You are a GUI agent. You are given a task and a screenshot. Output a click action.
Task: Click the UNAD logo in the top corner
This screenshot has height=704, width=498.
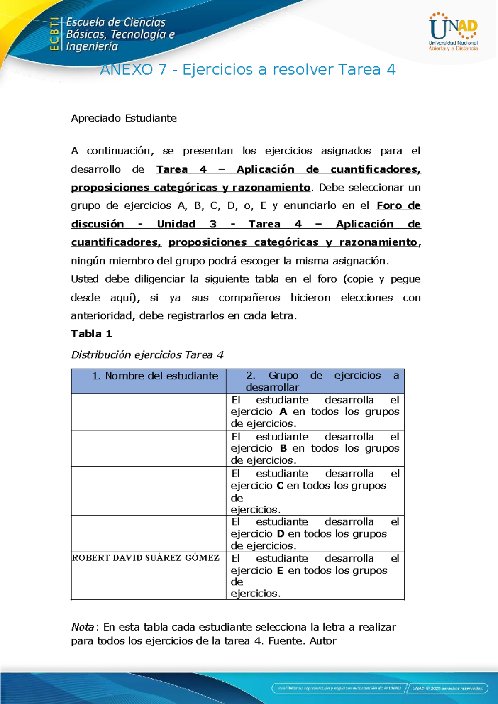[453, 32]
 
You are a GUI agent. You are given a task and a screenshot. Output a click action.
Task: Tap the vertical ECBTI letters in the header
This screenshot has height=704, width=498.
[54, 34]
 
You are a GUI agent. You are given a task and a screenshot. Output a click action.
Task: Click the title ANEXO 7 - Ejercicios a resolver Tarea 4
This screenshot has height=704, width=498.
[248, 69]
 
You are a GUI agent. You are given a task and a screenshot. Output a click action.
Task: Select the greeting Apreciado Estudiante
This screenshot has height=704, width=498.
[124, 118]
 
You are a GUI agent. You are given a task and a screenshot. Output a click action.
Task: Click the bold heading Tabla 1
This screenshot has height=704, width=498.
[91, 334]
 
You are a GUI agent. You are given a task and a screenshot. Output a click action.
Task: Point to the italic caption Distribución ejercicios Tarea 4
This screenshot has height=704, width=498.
[147, 355]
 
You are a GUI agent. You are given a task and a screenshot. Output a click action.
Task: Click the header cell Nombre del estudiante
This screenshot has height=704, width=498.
[155, 376]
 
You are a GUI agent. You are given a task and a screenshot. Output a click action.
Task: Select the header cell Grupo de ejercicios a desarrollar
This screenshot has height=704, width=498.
[322, 381]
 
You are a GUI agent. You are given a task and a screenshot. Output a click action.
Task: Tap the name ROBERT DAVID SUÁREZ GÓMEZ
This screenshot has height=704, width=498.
[146, 558]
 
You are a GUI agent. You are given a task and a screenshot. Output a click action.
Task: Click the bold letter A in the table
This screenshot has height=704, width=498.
[283, 412]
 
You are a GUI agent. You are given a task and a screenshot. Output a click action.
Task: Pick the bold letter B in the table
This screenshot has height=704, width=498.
[283, 448]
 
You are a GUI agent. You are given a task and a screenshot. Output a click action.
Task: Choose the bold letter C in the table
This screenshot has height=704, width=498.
[280, 486]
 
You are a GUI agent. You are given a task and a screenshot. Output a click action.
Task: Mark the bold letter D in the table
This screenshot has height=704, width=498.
[281, 534]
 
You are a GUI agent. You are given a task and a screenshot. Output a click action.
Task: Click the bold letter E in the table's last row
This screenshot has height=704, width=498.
[280, 571]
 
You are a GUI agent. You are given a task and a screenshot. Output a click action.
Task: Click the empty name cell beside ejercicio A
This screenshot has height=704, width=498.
[149, 412]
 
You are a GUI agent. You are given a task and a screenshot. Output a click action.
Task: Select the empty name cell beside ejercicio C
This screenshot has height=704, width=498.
[149, 491]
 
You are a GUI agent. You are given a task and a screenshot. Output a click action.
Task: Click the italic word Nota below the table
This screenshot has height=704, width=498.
[83, 627]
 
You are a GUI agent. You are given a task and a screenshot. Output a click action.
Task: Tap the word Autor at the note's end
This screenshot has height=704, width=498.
[323, 641]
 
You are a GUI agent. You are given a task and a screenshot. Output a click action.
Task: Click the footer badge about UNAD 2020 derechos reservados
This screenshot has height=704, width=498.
[447, 688]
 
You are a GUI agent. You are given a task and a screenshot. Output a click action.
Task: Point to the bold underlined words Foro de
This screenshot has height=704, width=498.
[398, 206]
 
